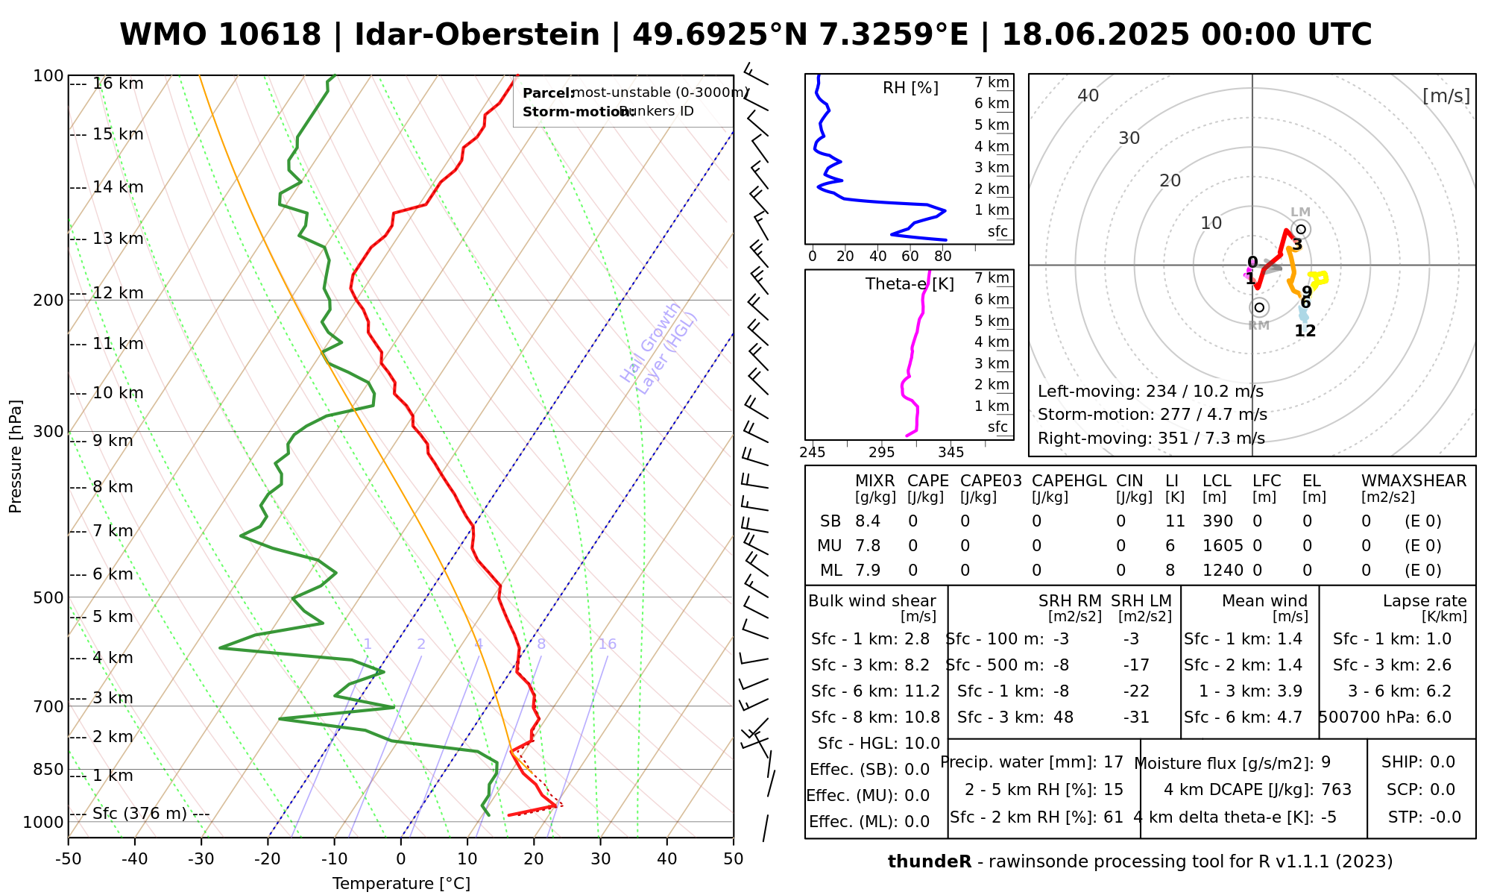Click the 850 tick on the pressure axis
[49, 769]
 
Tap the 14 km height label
[118, 187]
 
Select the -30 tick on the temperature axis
[201, 859]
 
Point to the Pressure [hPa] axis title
[16, 456]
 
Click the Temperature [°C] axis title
[401, 884]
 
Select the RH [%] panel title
[910, 88]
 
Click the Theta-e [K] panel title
[910, 284]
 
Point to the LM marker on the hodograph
[1301, 229]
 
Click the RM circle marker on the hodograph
[1259, 307]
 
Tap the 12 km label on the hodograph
[1305, 331]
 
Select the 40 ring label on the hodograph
[1088, 95]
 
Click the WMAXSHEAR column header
[1413, 481]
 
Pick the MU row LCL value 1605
[1223, 546]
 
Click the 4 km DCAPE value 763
[1336, 789]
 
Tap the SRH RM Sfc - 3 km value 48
[1063, 717]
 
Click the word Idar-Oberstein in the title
[477, 35]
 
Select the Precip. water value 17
[1113, 762]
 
